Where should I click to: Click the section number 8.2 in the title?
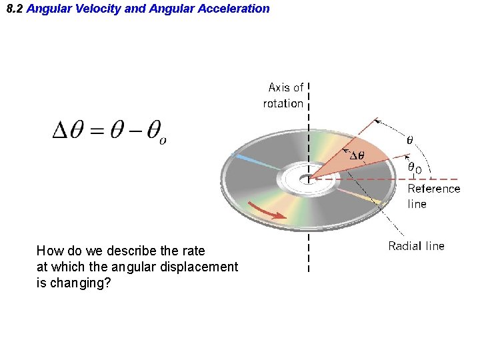click(14, 9)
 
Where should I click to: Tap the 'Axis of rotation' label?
click(285, 95)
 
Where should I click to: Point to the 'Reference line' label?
click(433, 196)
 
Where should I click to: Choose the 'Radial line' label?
click(416, 246)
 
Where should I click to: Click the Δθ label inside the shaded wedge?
click(357, 155)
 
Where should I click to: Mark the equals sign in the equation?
click(98, 131)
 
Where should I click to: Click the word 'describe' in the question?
click(114, 251)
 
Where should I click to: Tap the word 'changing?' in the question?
click(73, 283)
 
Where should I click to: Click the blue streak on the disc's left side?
click(253, 161)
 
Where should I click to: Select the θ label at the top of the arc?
click(410, 141)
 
